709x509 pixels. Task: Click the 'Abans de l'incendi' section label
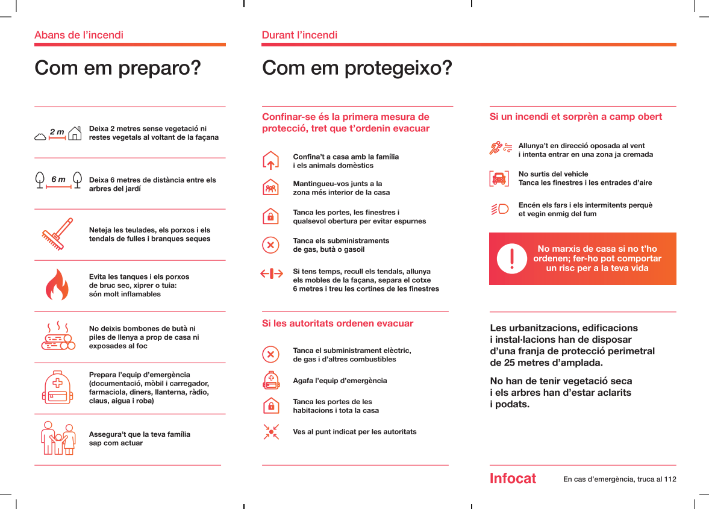pyautogui.click(x=79, y=35)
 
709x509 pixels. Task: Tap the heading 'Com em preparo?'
pyautogui.click(x=117, y=68)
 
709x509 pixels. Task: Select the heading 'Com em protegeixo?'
pyautogui.click(x=357, y=68)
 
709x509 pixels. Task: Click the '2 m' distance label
pyautogui.click(x=57, y=131)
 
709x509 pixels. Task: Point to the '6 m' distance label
pyautogui.click(x=58, y=180)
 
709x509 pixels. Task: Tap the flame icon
pyautogui.click(x=58, y=285)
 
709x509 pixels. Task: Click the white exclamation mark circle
pyautogui.click(x=511, y=258)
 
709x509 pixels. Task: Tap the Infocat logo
pyautogui.click(x=513, y=479)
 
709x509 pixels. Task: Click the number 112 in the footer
pyautogui.click(x=669, y=479)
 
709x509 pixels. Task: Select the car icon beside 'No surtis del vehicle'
pyautogui.click(x=499, y=178)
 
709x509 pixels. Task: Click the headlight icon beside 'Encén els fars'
pyautogui.click(x=499, y=209)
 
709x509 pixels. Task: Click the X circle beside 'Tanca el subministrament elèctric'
pyautogui.click(x=271, y=354)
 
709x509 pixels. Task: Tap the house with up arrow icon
pyautogui.click(x=271, y=161)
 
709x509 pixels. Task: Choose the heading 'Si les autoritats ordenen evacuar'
pyautogui.click(x=337, y=323)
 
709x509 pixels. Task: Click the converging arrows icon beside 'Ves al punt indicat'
pyautogui.click(x=271, y=431)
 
